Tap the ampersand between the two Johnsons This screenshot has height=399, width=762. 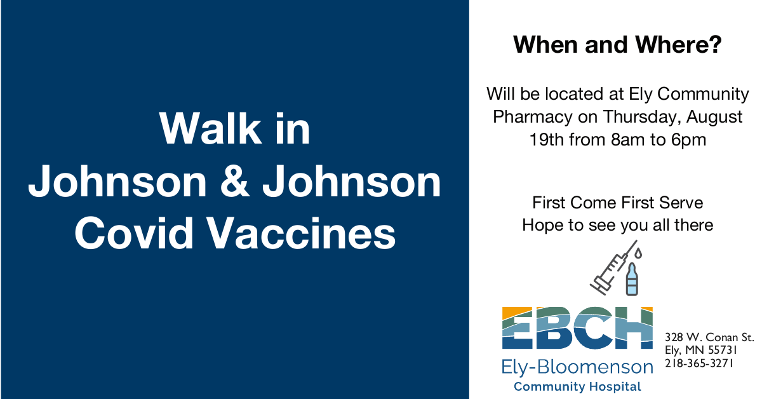(x=234, y=181)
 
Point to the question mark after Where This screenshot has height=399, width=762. (x=714, y=44)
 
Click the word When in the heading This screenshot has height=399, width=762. (x=545, y=44)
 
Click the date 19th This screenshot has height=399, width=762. (x=547, y=140)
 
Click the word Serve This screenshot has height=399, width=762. (x=681, y=203)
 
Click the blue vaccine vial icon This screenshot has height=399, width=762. (x=632, y=279)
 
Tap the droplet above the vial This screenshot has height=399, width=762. (x=638, y=254)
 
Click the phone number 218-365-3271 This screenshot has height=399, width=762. (x=699, y=363)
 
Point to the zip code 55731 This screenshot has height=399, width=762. (x=723, y=350)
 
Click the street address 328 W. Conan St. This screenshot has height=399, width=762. (x=710, y=337)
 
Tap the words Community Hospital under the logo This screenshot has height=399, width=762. (x=577, y=387)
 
